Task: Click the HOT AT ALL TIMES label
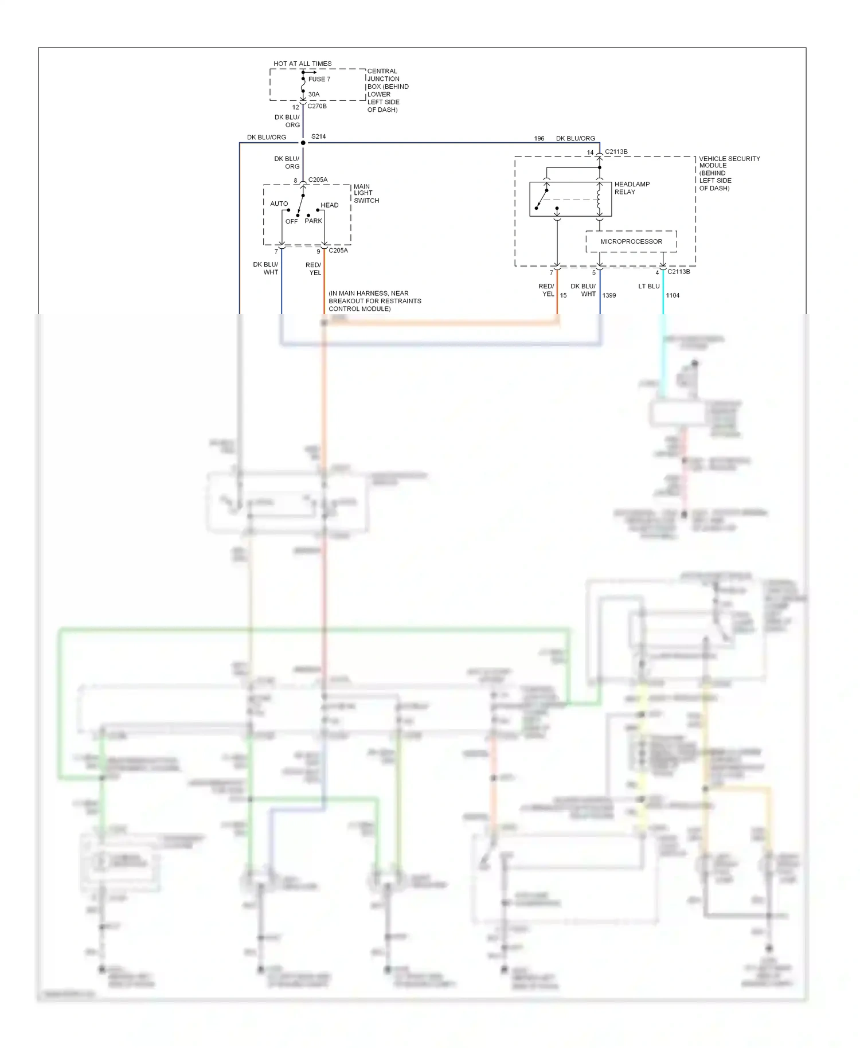pyautogui.click(x=302, y=64)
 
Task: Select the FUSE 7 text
pyautogui.click(x=319, y=79)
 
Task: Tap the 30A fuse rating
pyautogui.click(x=314, y=94)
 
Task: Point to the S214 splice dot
pyautogui.click(x=303, y=142)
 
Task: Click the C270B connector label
pyautogui.click(x=316, y=106)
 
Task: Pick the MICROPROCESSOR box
pyautogui.click(x=631, y=241)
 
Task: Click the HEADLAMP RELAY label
pyautogui.click(x=631, y=188)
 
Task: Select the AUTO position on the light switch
pyautogui.click(x=279, y=204)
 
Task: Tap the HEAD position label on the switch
pyautogui.click(x=329, y=205)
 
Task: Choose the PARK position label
pyautogui.click(x=313, y=221)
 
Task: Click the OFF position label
pyautogui.click(x=291, y=221)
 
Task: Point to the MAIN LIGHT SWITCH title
pyautogui.click(x=366, y=193)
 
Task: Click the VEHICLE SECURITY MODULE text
pyautogui.click(x=729, y=162)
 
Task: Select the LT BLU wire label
pyautogui.click(x=648, y=286)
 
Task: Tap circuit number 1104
pyautogui.click(x=673, y=295)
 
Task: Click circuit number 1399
pyautogui.click(x=609, y=295)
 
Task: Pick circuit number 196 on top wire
pyautogui.click(x=539, y=138)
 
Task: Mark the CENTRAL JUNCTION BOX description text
pyautogui.click(x=388, y=91)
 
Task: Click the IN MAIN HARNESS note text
pyautogui.click(x=374, y=301)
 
